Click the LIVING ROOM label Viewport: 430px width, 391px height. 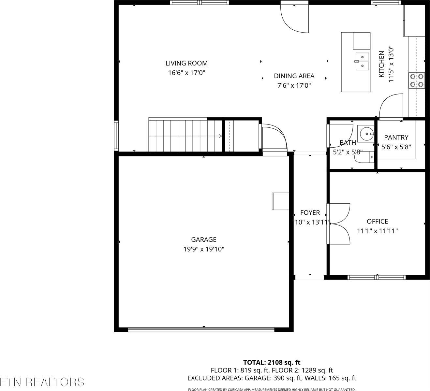point(186,63)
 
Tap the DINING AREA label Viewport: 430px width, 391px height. point(294,76)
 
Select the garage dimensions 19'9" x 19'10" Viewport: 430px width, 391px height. point(204,249)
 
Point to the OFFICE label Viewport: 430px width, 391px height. point(377,222)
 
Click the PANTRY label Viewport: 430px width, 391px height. point(396,138)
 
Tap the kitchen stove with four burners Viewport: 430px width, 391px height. point(417,80)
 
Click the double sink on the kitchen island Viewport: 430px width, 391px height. point(362,61)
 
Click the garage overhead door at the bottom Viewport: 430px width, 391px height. point(201,330)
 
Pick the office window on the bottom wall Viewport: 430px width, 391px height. point(377,277)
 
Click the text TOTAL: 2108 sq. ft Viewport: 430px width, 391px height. point(272,362)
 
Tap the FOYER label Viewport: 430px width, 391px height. point(310,213)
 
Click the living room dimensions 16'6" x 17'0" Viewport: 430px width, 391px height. point(186,73)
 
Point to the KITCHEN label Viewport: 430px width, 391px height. point(381,64)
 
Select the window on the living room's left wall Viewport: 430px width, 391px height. point(116,135)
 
